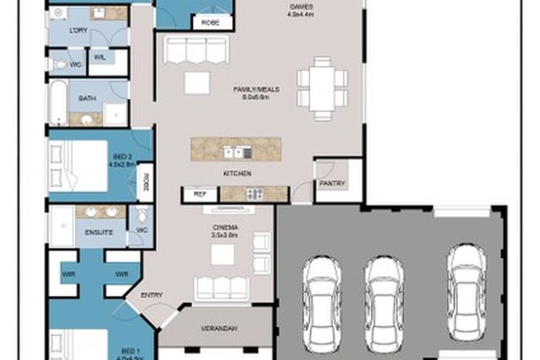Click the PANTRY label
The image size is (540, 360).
click(x=332, y=183)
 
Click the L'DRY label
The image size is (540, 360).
click(x=79, y=30)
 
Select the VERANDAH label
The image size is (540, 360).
click(x=219, y=328)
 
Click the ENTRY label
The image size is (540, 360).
click(x=152, y=295)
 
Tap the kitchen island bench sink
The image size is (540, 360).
click(x=237, y=151)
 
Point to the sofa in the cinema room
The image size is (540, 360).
click(x=221, y=287)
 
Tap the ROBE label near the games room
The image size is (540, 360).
click(x=205, y=23)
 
